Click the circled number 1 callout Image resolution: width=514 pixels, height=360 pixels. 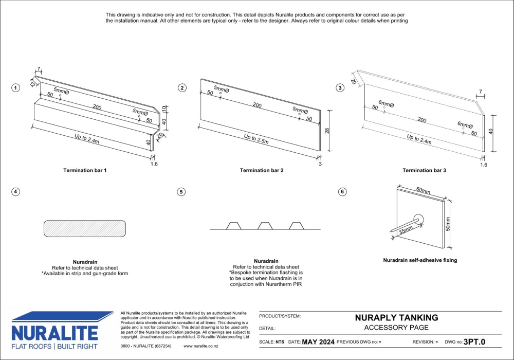tap(16, 88)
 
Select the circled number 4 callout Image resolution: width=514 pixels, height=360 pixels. tap(16, 192)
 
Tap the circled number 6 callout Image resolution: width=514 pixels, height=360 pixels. tap(342, 192)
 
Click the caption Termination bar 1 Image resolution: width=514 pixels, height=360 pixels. tap(85, 170)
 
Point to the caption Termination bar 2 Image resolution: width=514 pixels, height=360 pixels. tap(262, 170)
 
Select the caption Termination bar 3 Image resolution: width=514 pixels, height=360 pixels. tap(424, 170)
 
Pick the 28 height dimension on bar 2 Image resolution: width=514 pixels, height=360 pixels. tap(327, 131)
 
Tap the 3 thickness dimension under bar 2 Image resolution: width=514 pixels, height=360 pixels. tap(320, 164)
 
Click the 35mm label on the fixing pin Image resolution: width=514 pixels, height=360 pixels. tap(406, 230)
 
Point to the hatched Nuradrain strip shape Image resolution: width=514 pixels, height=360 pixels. tap(85, 229)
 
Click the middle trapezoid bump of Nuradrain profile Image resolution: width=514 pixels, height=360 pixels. tap(265, 226)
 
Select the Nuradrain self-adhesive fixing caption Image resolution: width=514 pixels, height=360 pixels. tap(420, 260)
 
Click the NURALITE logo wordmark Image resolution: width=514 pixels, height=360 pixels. tap(54, 332)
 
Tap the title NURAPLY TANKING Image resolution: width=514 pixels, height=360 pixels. tap(396, 318)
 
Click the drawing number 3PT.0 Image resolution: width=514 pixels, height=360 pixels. tap(474, 341)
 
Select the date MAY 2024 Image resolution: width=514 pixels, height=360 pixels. tap(318, 341)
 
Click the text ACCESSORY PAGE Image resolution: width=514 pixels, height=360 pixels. tap(396, 328)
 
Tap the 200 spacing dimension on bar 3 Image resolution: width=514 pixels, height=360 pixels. tap(421, 120)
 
